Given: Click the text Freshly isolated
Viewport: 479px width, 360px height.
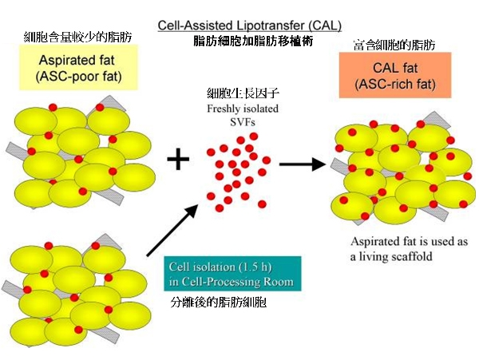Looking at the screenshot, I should point(239,110).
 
